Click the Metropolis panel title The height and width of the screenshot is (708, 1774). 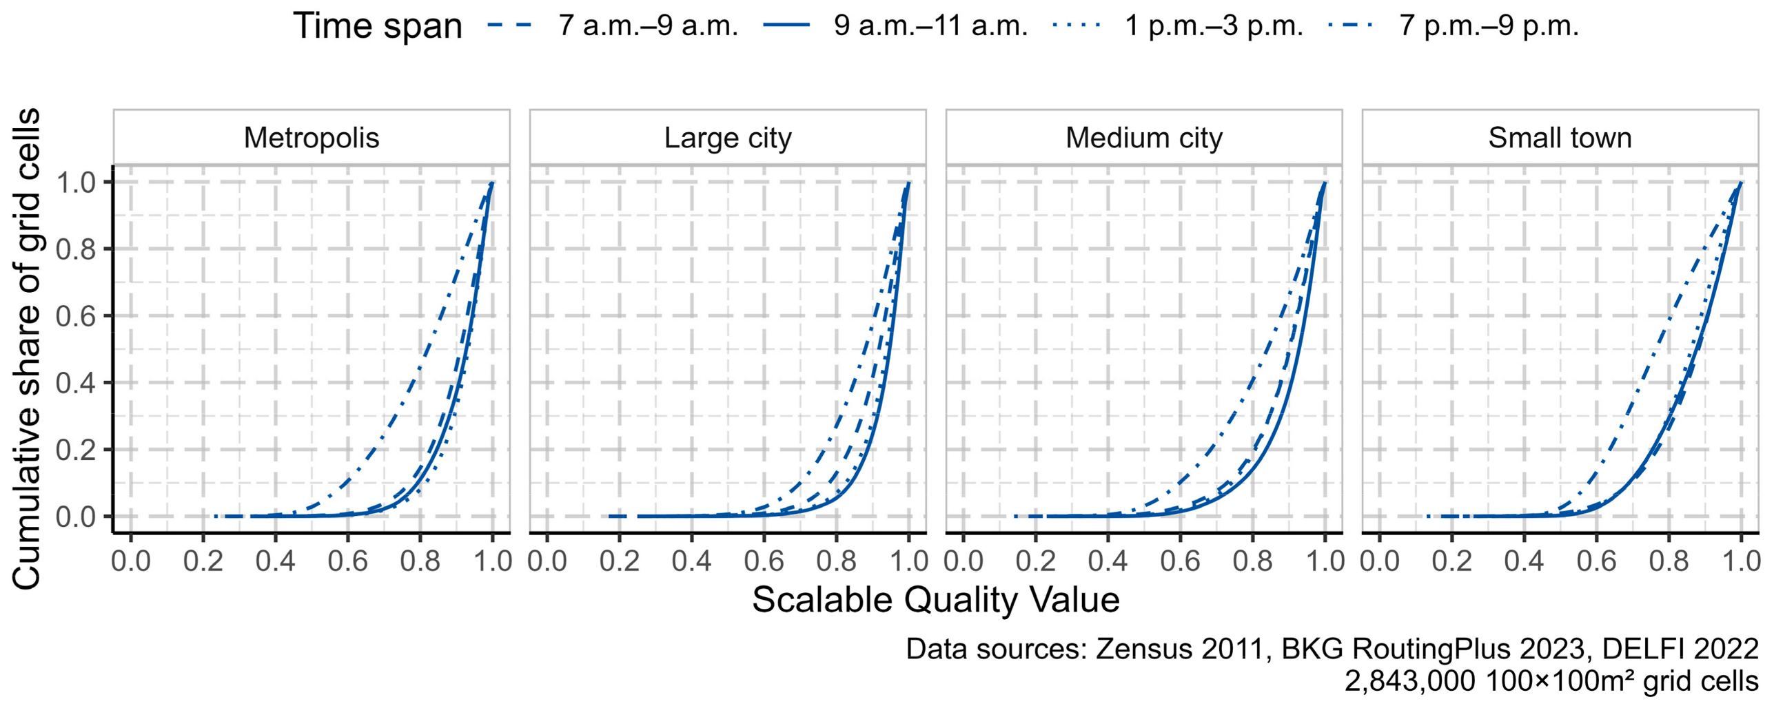pyautogui.click(x=312, y=138)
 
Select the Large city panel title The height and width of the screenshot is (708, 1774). pyautogui.click(x=728, y=138)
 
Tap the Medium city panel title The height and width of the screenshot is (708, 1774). pyautogui.click(x=1144, y=138)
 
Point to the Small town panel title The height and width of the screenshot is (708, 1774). pyautogui.click(x=1560, y=138)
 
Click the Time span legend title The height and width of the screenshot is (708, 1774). pyautogui.click(x=378, y=26)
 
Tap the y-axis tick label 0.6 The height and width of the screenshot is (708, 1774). pyautogui.click(x=75, y=316)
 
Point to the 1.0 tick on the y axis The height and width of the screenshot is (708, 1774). pyautogui.click(x=75, y=183)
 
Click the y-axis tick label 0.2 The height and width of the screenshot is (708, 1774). pyautogui.click(x=75, y=450)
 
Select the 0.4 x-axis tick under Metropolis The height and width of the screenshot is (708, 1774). pyautogui.click(x=275, y=561)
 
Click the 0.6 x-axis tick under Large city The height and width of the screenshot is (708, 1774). pyautogui.click(x=764, y=561)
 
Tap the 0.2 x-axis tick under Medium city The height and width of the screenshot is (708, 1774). pyautogui.click(x=1036, y=561)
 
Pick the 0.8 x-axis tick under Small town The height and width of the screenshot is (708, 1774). pyautogui.click(x=1669, y=561)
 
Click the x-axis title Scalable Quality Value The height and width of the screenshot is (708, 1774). pyautogui.click(x=935, y=600)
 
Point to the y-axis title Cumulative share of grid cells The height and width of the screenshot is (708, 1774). pyautogui.click(x=26, y=348)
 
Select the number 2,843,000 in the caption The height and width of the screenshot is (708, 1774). pyautogui.click(x=1410, y=682)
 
